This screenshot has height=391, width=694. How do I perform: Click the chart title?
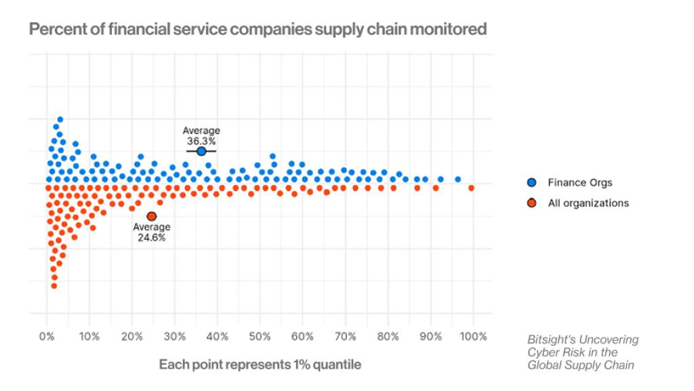point(258,30)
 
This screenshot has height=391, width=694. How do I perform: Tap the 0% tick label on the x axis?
point(46,337)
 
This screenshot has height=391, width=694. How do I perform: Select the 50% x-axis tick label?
point(260,337)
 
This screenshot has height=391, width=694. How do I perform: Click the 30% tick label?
point(174,337)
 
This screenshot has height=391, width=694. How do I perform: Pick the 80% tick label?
point(388,337)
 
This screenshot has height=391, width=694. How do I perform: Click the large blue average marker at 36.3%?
point(201,151)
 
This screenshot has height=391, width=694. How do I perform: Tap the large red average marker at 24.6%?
point(151,216)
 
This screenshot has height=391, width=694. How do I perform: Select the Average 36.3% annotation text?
point(201,136)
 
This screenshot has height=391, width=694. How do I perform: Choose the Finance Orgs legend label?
point(579,182)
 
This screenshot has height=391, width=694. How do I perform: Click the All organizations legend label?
point(588,203)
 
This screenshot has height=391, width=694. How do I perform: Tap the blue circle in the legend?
point(532,182)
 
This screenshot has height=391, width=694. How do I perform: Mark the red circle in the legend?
point(532,203)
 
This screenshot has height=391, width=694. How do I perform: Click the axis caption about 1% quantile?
point(260,365)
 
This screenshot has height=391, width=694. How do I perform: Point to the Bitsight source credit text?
point(583,352)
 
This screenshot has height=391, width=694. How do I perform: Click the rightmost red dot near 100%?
point(471,188)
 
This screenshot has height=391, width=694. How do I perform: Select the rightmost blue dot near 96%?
point(457,180)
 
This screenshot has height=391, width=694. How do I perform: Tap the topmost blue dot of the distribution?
point(60,119)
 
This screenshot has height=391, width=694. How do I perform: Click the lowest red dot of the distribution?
point(54,286)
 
